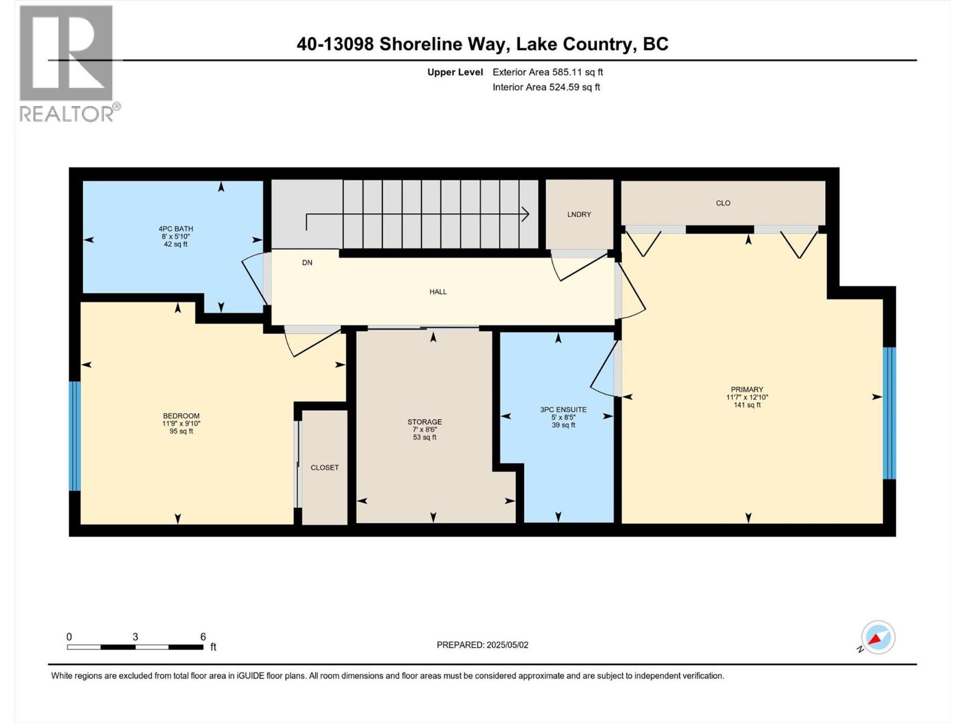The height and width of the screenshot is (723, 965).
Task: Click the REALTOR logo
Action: tap(66, 63)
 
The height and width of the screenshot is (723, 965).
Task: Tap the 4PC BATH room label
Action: tap(176, 229)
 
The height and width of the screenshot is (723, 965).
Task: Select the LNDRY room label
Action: tap(579, 214)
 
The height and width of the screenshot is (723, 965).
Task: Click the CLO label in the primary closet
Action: tap(723, 203)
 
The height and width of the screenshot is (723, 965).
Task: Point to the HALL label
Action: tap(438, 292)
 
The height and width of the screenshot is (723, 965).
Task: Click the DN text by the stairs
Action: tap(307, 263)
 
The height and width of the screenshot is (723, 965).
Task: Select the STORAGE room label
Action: tap(425, 422)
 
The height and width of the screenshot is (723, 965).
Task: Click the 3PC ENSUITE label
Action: tap(563, 410)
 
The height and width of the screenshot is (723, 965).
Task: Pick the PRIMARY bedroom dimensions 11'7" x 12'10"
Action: tap(747, 397)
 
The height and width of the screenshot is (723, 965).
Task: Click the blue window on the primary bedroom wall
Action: tap(889, 413)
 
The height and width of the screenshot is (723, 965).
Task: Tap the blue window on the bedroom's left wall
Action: tap(75, 436)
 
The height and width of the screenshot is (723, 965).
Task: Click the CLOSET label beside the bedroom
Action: tap(324, 468)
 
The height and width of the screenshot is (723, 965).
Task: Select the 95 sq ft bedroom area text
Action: tap(181, 431)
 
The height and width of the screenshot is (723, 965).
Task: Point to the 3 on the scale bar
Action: tap(135, 637)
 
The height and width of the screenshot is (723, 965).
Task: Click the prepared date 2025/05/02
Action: tap(507, 645)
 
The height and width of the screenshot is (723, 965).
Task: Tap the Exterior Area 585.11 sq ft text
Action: tap(548, 72)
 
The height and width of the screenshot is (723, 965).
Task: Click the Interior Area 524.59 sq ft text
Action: tap(546, 87)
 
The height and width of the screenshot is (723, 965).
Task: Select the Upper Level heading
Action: tap(455, 72)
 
